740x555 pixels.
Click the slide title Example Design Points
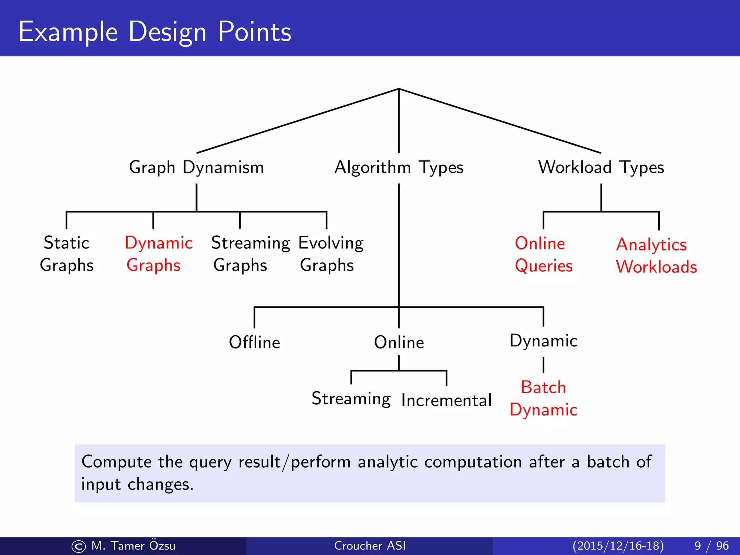155,32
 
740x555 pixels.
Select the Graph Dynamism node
196,168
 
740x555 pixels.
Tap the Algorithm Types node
399,168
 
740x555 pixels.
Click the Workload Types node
601,168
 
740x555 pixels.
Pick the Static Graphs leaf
66,254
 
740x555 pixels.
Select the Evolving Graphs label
331,254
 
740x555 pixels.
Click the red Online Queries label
543,255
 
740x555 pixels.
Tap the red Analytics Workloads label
656,256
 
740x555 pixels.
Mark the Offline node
254,342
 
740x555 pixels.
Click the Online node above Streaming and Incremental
399,342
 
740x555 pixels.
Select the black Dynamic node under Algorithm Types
543,341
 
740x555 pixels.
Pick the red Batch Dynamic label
543,399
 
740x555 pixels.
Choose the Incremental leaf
446,400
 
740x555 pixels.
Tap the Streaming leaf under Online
351,399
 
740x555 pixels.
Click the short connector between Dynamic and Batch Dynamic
543,365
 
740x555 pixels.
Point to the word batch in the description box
608,462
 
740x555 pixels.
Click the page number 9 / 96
711,546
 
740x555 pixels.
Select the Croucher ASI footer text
370,546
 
